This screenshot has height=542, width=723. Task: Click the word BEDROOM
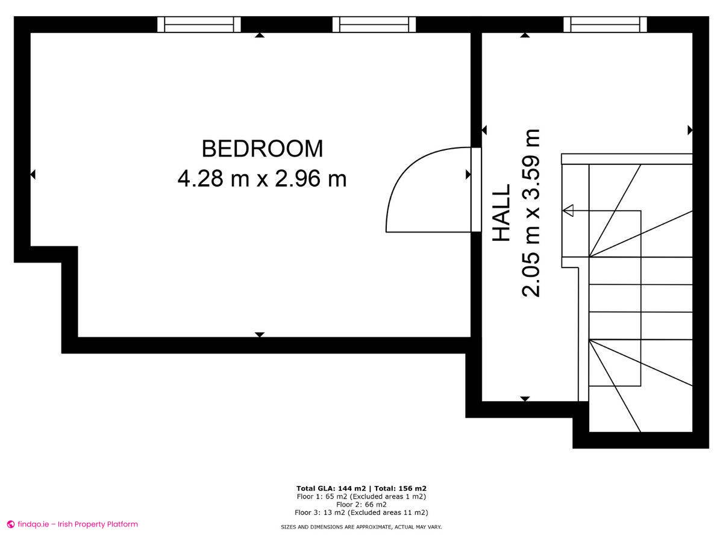[262, 148]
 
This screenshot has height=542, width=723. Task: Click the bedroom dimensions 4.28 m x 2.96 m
[262, 179]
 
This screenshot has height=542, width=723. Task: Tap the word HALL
[502, 213]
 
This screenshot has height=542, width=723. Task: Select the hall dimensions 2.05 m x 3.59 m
[532, 213]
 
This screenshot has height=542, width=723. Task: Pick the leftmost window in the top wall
[199, 24]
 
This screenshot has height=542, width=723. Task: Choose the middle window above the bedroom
[374, 24]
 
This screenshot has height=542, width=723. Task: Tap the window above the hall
[606, 24]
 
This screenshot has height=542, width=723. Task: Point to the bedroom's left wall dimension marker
[33, 175]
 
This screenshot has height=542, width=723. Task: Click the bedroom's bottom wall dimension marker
[260, 334]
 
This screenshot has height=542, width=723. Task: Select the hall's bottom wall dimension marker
[525, 399]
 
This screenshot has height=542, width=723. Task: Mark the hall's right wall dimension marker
[690, 130]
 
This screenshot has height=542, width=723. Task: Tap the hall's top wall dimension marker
[525, 36]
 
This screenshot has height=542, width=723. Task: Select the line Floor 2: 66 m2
[361, 505]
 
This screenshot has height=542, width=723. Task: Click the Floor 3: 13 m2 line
[361, 513]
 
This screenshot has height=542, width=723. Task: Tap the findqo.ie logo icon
[10, 525]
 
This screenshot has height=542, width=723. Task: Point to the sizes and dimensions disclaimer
[361, 527]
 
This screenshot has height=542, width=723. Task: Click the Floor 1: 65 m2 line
[361, 497]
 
